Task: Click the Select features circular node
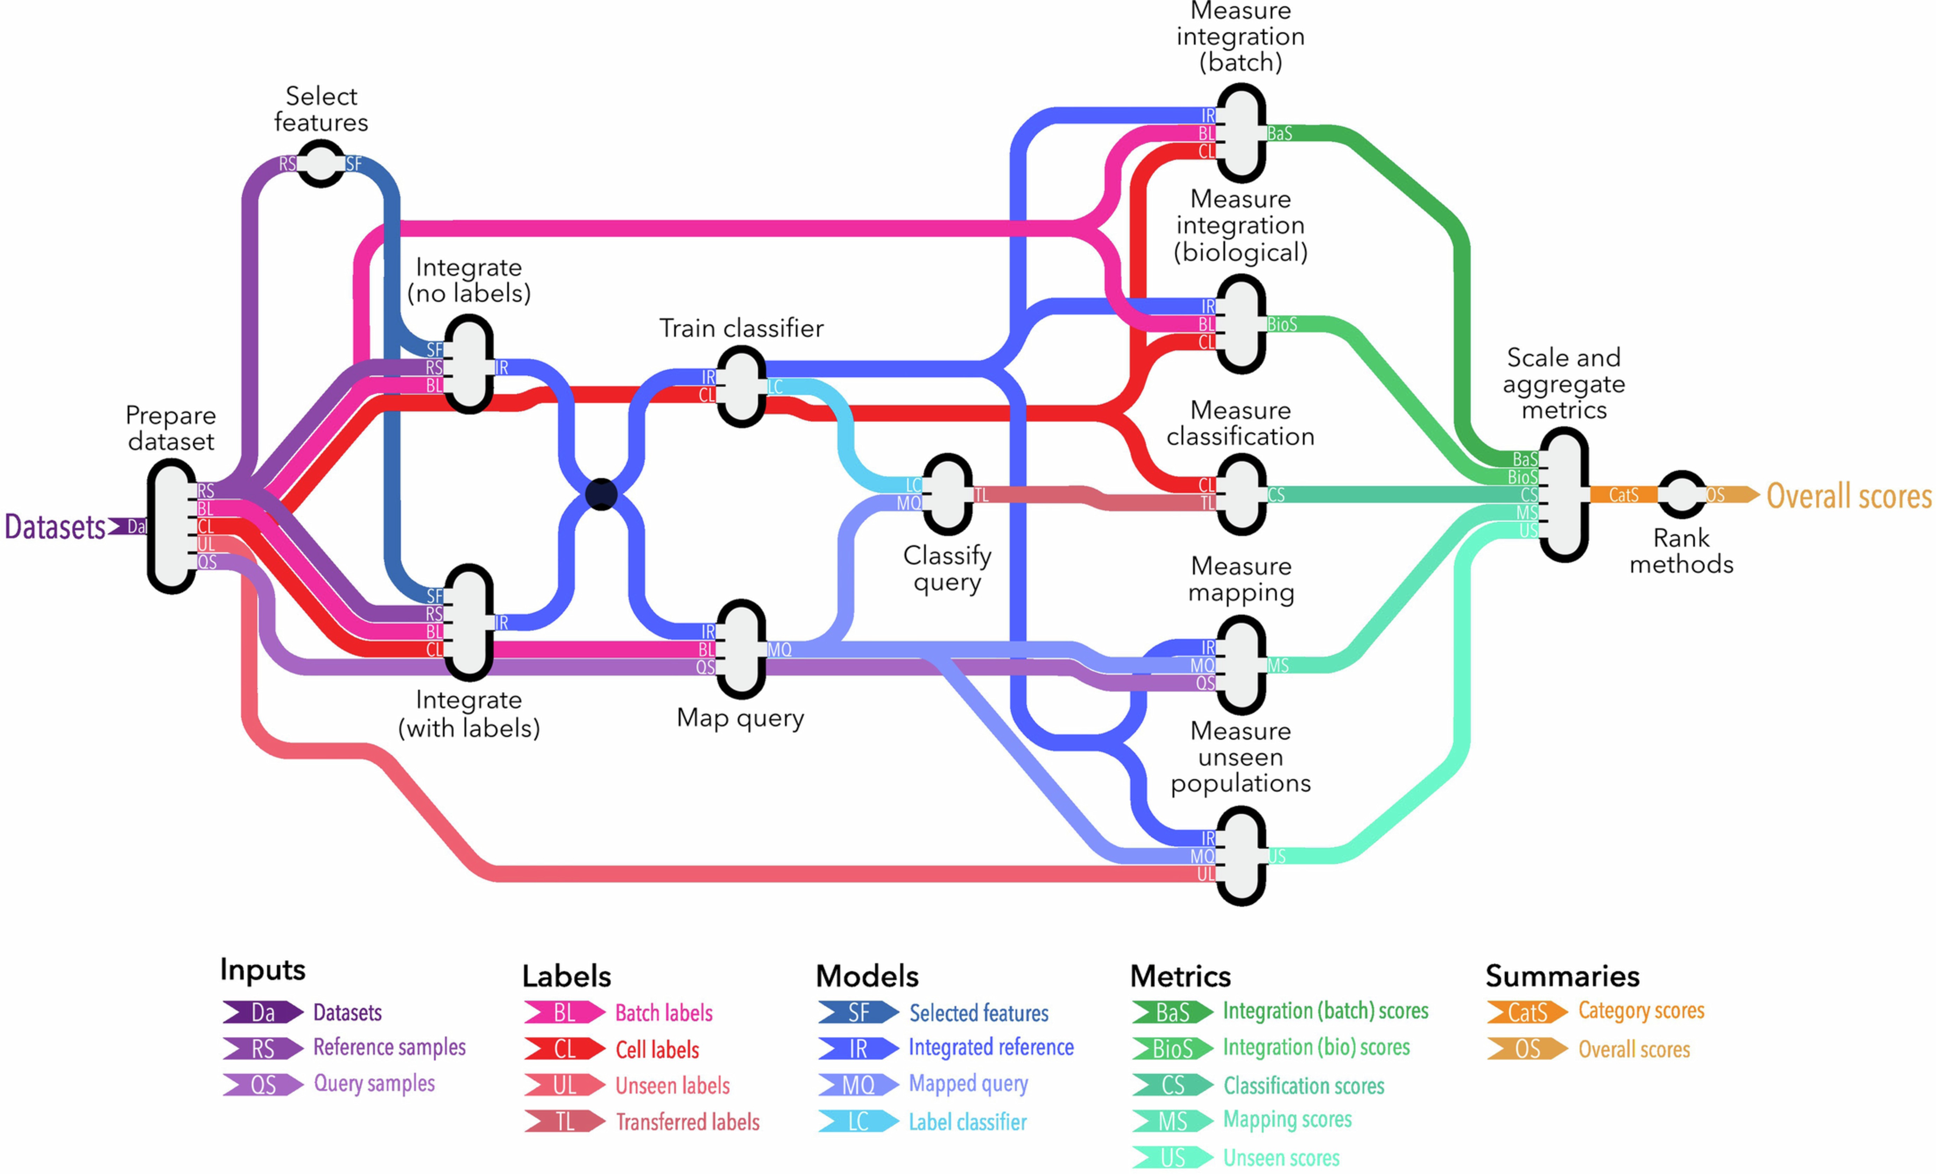coord(321,164)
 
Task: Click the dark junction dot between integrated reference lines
coord(601,494)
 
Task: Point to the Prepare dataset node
coord(171,526)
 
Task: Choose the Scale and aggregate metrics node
coord(1564,494)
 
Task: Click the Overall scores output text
coord(1848,496)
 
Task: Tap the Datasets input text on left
coord(55,527)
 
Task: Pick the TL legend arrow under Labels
coord(564,1121)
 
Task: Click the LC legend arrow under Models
coord(858,1121)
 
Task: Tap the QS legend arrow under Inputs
coord(262,1084)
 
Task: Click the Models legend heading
coord(867,976)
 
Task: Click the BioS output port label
coord(1282,324)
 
